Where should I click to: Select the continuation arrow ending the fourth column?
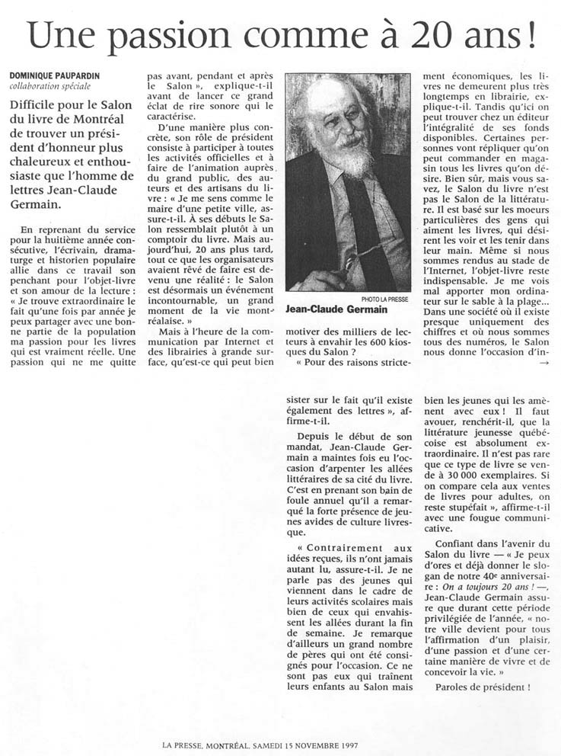[543, 362]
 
